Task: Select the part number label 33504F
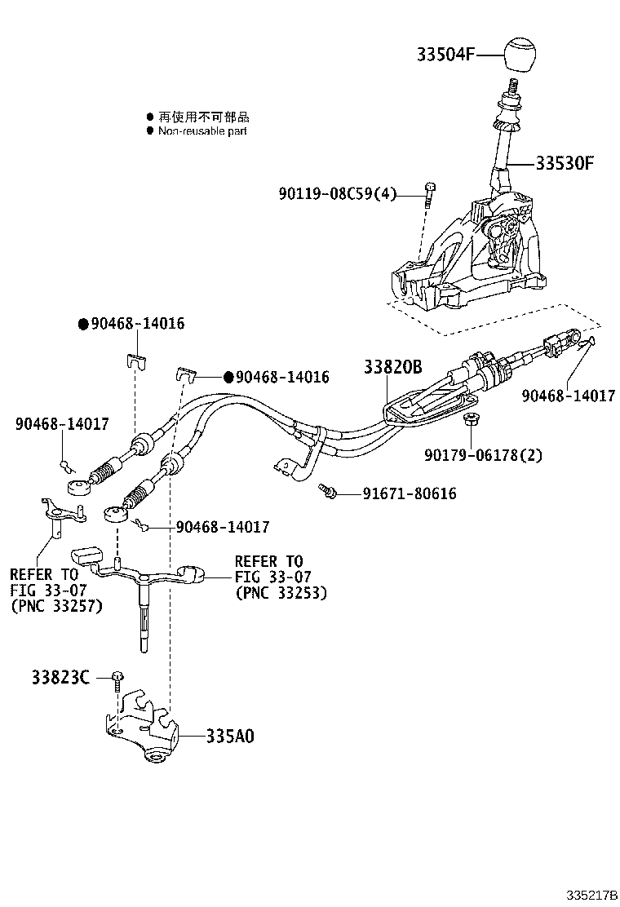tap(446, 55)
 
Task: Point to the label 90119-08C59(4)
tap(337, 194)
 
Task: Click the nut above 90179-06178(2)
tap(469, 421)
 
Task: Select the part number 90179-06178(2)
tap(483, 454)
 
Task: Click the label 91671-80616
tap(398, 493)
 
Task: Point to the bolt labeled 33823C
tap(119, 678)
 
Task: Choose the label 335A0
tap(229, 736)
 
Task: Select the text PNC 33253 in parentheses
tap(281, 593)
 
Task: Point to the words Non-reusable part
tap(202, 131)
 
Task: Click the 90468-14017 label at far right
tap(569, 396)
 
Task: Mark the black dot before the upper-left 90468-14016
tap(82, 324)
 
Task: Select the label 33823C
tap(60, 677)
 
